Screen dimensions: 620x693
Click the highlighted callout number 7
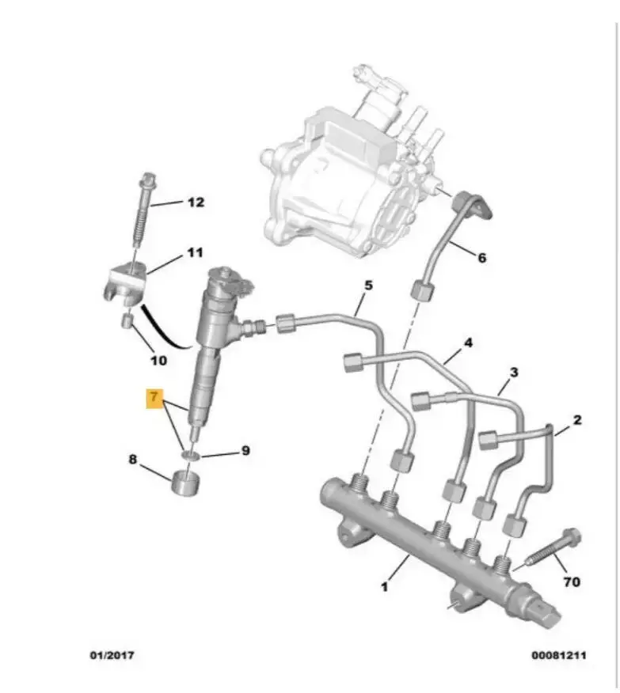(x=154, y=398)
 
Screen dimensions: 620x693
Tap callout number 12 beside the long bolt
(x=196, y=203)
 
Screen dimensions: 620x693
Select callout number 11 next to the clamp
(x=195, y=253)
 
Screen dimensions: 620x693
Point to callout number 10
(x=158, y=361)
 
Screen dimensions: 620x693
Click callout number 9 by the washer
(x=245, y=450)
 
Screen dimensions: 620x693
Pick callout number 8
(x=133, y=459)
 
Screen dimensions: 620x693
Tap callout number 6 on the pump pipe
(x=482, y=257)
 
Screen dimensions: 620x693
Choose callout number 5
(x=368, y=286)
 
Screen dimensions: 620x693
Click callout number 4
(x=468, y=343)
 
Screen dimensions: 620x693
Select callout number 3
(x=513, y=373)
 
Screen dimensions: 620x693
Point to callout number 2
(x=577, y=420)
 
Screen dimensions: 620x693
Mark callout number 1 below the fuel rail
(x=384, y=587)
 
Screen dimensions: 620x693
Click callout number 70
(x=572, y=582)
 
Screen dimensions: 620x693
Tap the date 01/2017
(x=112, y=655)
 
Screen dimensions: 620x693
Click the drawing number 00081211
(x=559, y=655)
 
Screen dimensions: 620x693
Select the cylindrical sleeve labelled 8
(x=185, y=483)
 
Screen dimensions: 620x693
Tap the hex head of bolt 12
(x=146, y=180)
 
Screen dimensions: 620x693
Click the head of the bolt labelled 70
(x=572, y=538)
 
